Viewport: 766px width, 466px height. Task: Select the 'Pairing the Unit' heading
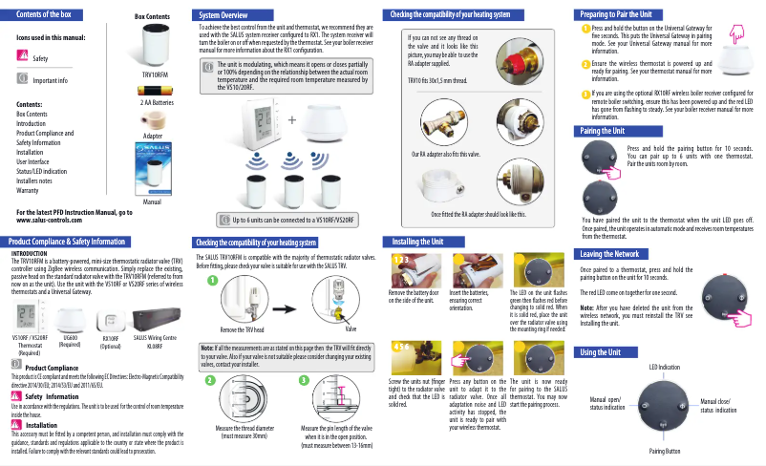[604, 131]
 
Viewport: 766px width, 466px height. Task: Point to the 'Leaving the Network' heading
[610, 254]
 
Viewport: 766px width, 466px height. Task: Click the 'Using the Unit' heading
[601, 353]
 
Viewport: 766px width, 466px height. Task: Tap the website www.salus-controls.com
[48, 219]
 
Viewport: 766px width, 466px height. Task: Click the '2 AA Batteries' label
[157, 100]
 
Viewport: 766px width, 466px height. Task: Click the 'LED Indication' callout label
[664, 367]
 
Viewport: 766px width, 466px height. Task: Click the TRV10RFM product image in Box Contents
[155, 44]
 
